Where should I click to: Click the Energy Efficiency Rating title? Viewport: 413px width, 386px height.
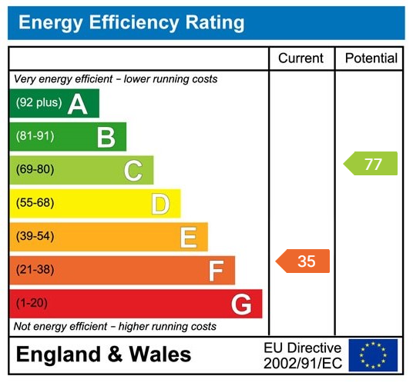[131, 22]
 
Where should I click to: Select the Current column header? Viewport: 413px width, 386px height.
[301, 58]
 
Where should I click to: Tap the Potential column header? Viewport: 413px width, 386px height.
[371, 58]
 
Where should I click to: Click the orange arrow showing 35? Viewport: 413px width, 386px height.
[303, 261]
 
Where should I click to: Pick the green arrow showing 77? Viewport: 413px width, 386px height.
[371, 164]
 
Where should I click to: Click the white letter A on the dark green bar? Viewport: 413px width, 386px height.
[78, 104]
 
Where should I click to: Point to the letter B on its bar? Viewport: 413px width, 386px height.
[106, 137]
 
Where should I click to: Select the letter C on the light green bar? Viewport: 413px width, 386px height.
[133, 171]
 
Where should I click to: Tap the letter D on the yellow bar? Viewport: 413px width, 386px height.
[160, 204]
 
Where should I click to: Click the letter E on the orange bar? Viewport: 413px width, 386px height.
[188, 238]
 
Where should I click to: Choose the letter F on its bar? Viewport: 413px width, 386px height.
[216, 271]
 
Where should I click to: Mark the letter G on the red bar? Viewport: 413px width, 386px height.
[241, 304]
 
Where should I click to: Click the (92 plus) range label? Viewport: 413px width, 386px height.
[39, 103]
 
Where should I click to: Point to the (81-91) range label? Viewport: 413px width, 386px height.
[35, 136]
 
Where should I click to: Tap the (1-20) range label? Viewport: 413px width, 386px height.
[32, 303]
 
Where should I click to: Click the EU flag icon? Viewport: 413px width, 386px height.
[373, 355]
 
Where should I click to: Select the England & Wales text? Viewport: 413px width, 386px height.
[104, 355]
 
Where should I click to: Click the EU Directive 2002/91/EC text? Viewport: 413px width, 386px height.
[302, 355]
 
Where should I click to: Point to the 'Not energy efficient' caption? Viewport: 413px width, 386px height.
[116, 327]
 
